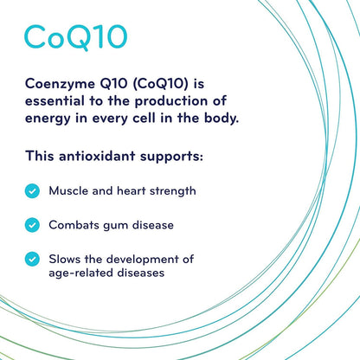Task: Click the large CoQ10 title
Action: [x=75, y=36]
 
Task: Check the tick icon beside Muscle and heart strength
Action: [x=32, y=190]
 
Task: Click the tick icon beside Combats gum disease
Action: [x=32, y=224]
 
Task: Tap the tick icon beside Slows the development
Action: [x=32, y=258]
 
